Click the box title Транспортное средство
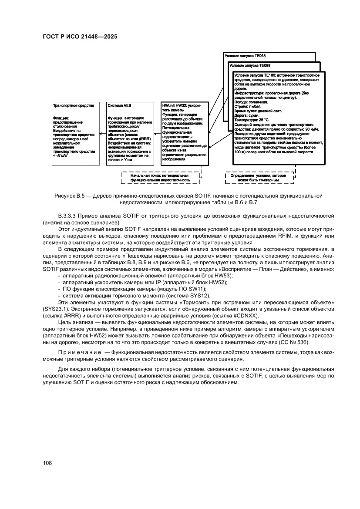click(67, 106)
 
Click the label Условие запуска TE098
click(245, 56)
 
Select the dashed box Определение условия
click(260, 177)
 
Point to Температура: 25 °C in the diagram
click(252, 119)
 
